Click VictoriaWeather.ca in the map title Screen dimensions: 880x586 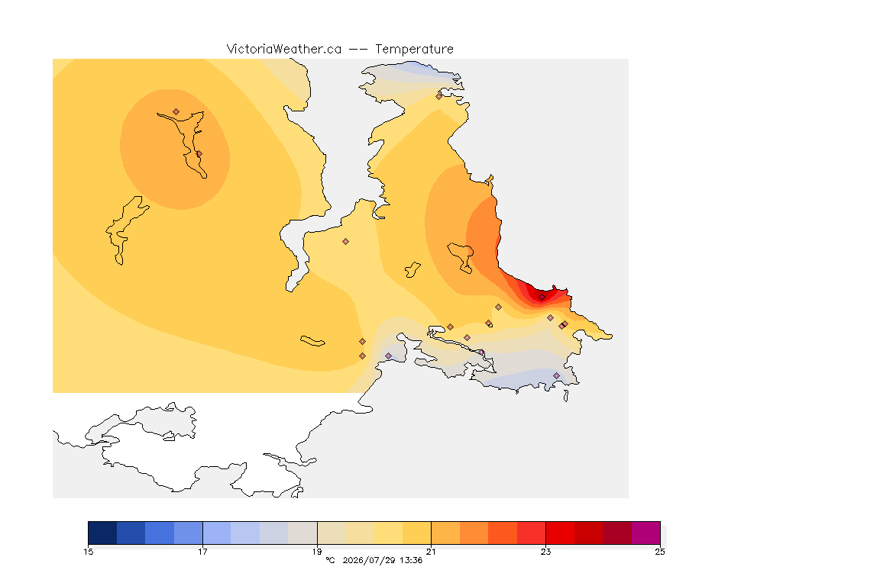click(x=284, y=49)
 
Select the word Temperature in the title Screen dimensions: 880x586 click(x=414, y=49)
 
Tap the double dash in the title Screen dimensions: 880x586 click(x=358, y=50)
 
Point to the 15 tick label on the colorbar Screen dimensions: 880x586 click(x=88, y=552)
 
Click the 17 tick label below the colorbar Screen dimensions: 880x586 click(x=202, y=552)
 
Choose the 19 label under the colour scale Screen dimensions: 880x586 click(x=317, y=552)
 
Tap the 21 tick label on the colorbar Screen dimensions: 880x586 click(x=431, y=552)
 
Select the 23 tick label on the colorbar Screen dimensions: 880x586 click(x=545, y=552)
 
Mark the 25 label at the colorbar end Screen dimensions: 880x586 click(x=660, y=552)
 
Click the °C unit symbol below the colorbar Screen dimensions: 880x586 click(x=330, y=560)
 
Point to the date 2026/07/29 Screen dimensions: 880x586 click(x=369, y=560)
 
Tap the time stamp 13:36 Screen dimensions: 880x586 click(x=411, y=560)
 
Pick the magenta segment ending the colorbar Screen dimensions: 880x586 click(x=646, y=533)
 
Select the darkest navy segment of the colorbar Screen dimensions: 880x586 click(x=102, y=533)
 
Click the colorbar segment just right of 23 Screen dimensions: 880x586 click(x=560, y=533)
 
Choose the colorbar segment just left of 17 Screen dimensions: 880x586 click(x=188, y=533)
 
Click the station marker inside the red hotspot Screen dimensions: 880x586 click(x=542, y=298)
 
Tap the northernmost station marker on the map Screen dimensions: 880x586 click(x=439, y=96)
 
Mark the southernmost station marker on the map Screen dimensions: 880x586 click(x=556, y=375)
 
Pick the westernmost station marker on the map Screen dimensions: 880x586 click(x=176, y=112)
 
